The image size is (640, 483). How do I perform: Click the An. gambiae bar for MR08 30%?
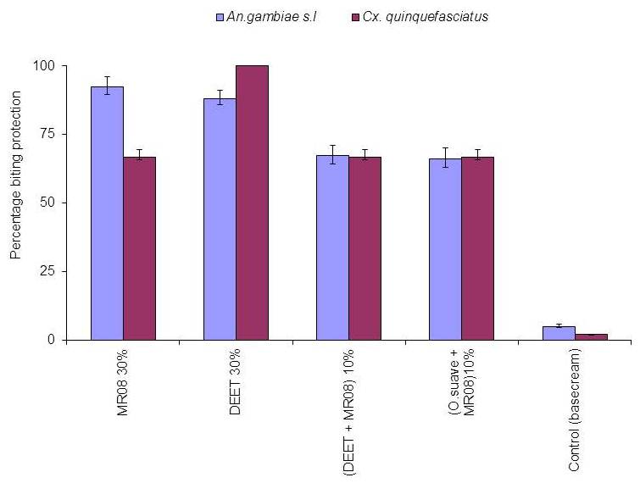click(x=107, y=214)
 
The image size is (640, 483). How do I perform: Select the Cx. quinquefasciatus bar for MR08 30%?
click(x=139, y=248)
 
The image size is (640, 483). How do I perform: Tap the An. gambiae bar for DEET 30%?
click(x=220, y=219)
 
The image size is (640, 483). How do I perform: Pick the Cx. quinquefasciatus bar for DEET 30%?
click(x=253, y=203)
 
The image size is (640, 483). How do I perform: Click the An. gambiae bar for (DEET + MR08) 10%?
click(x=332, y=247)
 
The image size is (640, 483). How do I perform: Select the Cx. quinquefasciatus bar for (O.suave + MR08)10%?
click(x=477, y=248)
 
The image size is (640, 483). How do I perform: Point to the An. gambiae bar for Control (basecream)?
click(x=559, y=333)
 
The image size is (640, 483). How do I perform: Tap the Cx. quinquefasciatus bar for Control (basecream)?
click(x=591, y=337)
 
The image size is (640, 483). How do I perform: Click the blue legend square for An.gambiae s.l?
click(x=220, y=17)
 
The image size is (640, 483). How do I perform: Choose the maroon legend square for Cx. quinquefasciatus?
click(x=355, y=17)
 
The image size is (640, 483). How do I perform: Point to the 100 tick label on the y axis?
click(x=44, y=66)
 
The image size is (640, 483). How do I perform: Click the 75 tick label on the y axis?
click(x=47, y=134)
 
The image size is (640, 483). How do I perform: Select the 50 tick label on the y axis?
click(x=47, y=203)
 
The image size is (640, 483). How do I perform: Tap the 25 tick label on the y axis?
click(x=47, y=271)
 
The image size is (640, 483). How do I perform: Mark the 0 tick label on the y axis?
click(x=51, y=340)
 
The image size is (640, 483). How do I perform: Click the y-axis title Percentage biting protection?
click(x=15, y=175)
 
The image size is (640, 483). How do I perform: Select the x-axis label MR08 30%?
click(x=122, y=382)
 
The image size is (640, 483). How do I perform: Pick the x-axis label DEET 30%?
click(x=235, y=382)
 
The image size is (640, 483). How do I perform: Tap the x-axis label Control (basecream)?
click(x=574, y=410)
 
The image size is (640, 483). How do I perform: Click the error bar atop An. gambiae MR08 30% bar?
click(x=107, y=86)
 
